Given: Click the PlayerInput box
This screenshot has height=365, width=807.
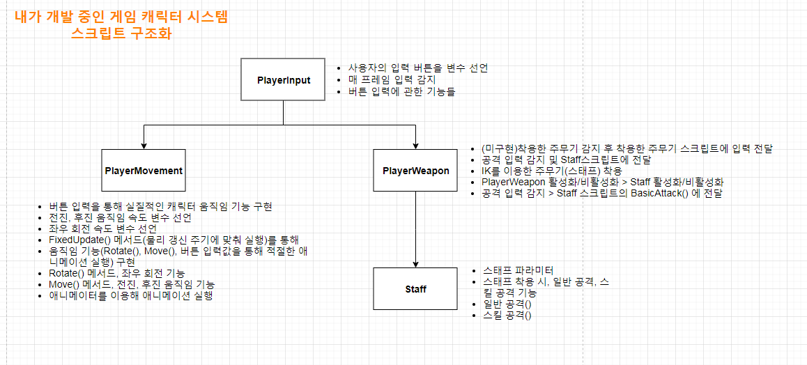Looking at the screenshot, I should point(284,79).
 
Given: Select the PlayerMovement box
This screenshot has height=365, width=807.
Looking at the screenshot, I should point(144,170).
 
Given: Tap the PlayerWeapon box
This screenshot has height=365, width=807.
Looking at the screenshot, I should point(415,170).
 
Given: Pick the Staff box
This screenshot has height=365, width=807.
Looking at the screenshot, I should point(415,288).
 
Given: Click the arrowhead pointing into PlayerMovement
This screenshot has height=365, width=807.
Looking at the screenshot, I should point(144,145).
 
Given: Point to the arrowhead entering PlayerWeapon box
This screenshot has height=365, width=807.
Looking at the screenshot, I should point(415,145).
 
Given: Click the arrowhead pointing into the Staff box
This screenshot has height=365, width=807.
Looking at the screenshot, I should point(415,263).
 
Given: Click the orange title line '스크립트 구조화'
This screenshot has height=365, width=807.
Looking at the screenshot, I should point(121,33).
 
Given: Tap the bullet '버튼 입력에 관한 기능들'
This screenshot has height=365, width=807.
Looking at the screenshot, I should point(401,91).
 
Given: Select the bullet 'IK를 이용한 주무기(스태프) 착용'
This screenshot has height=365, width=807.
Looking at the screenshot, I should point(551,171).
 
